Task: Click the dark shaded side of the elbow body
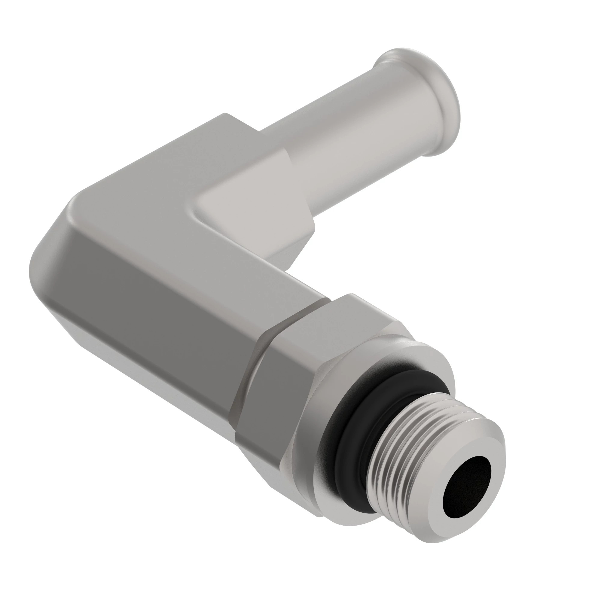[156, 311]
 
